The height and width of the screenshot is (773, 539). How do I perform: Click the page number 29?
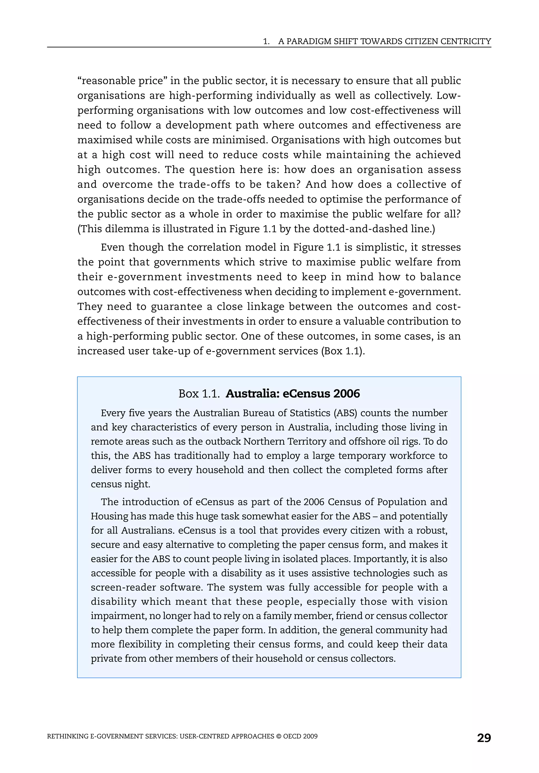click(x=484, y=738)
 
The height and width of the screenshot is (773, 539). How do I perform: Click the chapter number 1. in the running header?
click(x=266, y=42)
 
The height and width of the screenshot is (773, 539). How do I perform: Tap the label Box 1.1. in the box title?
click(x=199, y=393)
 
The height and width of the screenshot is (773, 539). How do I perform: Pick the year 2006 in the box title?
click(x=346, y=393)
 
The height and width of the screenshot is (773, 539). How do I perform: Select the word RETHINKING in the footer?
click(x=67, y=736)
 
